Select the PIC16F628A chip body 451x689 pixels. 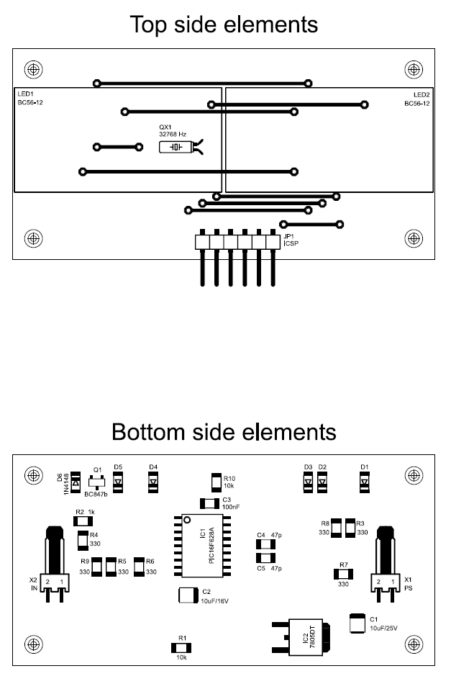[x=202, y=545]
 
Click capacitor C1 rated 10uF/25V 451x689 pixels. [x=357, y=623]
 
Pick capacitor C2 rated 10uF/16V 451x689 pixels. [x=189, y=595]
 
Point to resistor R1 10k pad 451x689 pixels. [x=181, y=648]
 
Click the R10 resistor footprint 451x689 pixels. [x=217, y=482]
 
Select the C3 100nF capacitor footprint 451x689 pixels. [x=209, y=503]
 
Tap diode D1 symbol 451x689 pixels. [x=364, y=482]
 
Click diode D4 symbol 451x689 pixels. [x=152, y=482]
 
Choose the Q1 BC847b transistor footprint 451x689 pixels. [x=96, y=482]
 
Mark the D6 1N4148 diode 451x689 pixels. [x=76, y=482]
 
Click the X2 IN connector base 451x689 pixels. [x=55, y=582]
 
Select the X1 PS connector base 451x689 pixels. [x=386, y=582]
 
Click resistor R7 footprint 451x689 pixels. [x=343, y=574]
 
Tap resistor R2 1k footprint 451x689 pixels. [x=83, y=521]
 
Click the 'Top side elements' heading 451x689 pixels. [x=224, y=24]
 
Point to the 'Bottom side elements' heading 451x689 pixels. [x=224, y=432]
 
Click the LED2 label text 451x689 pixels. [x=421, y=95]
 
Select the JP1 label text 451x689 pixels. [x=288, y=236]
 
